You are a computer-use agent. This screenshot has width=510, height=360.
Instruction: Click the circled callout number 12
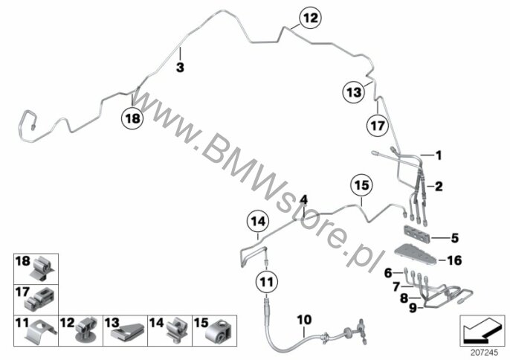[310, 18]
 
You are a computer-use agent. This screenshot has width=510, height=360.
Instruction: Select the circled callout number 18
[132, 118]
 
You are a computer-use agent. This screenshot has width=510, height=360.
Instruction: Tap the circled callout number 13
[354, 92]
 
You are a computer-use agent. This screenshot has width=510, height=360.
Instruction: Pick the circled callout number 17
[378, 125]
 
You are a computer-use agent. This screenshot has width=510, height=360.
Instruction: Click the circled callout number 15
[361, 185]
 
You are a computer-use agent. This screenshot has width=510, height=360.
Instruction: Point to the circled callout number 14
[258, 222]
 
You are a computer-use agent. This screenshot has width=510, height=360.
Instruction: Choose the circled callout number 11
[267, 282]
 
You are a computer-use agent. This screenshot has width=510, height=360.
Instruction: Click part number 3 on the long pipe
[180, 68]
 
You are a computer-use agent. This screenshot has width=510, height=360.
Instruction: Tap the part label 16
[454, 260]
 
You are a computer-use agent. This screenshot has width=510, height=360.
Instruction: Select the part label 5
[455, 238]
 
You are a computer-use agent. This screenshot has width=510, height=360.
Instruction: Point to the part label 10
[304, 320]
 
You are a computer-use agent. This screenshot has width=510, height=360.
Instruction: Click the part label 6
[388, 273]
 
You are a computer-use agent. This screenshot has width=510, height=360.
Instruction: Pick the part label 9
[413, 308]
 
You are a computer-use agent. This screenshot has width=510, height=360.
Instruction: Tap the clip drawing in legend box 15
[219, 330]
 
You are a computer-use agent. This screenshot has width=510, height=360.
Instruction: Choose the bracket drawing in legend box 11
[40, 331]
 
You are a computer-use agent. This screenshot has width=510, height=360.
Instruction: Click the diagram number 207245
[484, 352]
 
